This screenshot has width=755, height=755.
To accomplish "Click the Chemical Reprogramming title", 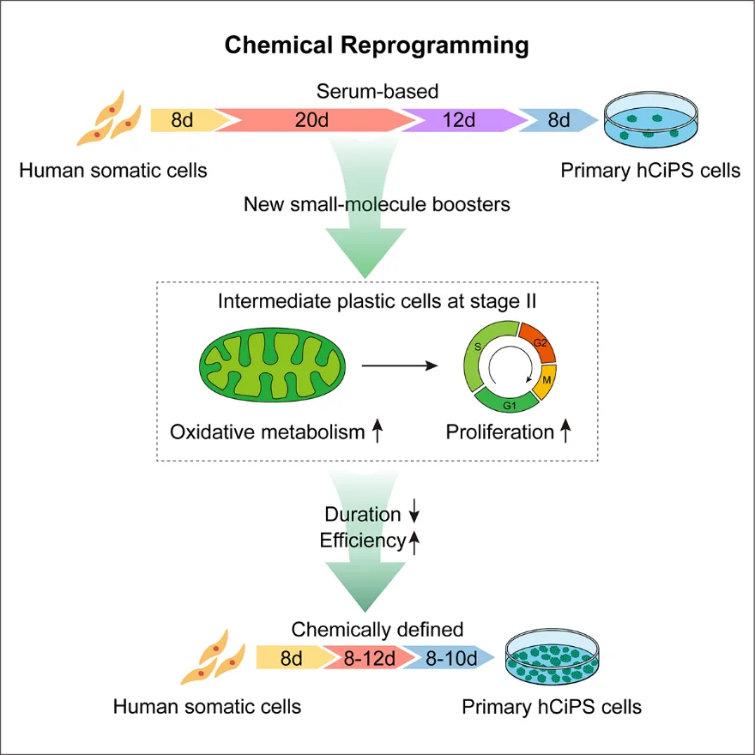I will (x=377, y=45).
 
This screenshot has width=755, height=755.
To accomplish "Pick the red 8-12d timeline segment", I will (x=370, y=659).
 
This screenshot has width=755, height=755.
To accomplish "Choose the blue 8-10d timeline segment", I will (x=450, y=659).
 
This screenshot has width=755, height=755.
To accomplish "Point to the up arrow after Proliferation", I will (x=565, y=432).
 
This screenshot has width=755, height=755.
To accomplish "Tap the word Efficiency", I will (x=362, y=541).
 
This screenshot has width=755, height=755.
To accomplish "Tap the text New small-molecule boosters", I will (x=377, y=204).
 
